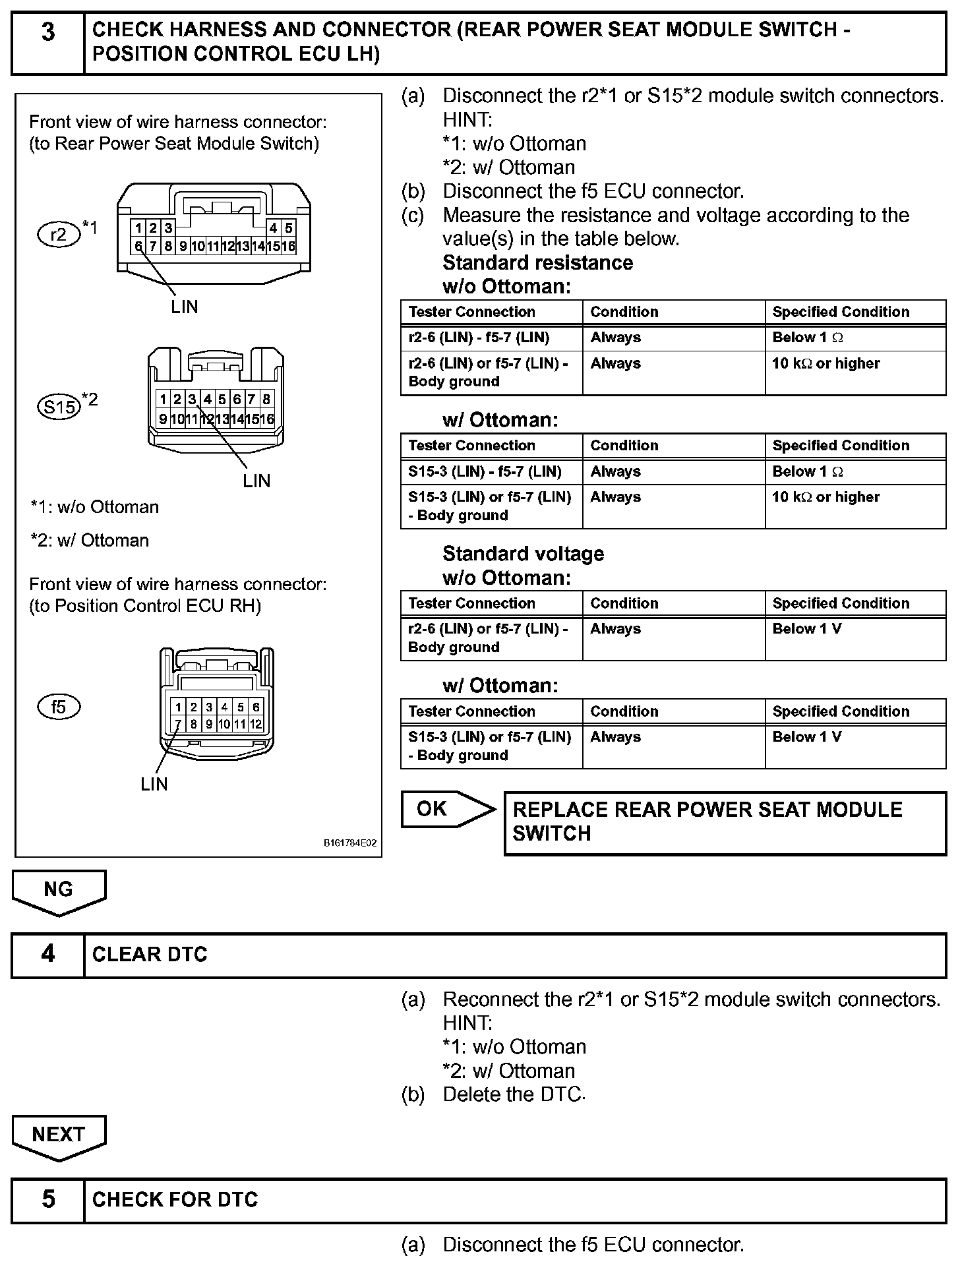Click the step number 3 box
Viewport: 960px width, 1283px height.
pyautogui.click(x=48, y=42)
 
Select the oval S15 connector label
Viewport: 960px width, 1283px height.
pyautogui.click(x=59, y=406)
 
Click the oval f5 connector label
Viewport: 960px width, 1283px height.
pyautogui.click(x=59, y=707)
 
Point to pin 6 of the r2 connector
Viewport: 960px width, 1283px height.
pyautogui.click(x=138, y=247)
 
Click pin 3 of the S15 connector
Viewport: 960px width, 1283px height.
pyautogui.click(x=192, y=399)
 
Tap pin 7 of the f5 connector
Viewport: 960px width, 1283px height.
pyautogui.click(x=178, y=724)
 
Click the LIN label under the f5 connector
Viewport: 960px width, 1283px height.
pyautogui.click(x=154, y=784)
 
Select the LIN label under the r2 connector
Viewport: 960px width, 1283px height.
pyautogui.click(x=184, y=307)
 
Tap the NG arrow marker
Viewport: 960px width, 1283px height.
pyautogui.click(x=59, y=891)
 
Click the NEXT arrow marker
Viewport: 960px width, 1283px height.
pyautogui.click(x=59, y=1136)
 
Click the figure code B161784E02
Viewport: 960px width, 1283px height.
pyautogui.click(x=350, y=843)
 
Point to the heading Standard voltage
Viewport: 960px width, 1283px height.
pyautogui.click(x=523, y=554)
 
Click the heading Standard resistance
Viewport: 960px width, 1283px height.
pyautogui.click(x=537, y=262)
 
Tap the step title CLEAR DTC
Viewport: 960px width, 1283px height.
pyautogui.click(x=150, y=954)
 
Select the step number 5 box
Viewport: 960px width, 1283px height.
pyautogui.click(x=48, y=1199)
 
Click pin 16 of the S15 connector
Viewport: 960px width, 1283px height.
pyautogui.click(x=267, y=419)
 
